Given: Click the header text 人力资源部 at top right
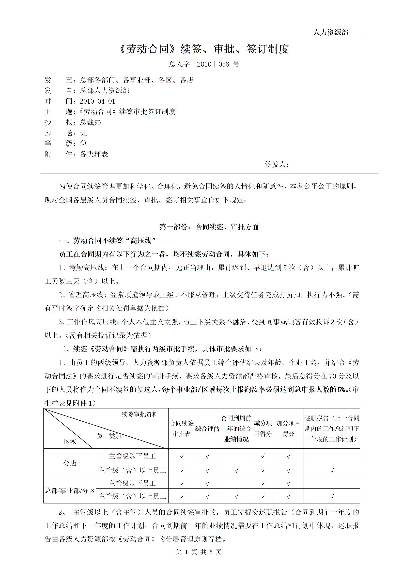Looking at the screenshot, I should (x=331, y=32).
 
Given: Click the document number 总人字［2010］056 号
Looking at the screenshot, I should (x=204, y=64).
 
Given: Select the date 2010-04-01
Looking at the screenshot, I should (x=97, y=101).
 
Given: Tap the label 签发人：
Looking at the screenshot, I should (x=277, y=164).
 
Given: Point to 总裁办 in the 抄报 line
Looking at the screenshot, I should (x=90, y=122).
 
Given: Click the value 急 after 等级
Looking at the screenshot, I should (x=83, y=144).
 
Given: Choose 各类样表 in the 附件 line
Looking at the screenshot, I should (x=94, y=154).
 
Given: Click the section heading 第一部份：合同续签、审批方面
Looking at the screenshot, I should (x=209, y=227).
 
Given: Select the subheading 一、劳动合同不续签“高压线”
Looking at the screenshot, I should (x=107, y=240).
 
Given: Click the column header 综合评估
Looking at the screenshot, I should (x=207, y=429).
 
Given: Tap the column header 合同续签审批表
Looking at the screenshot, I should (x=181, y=429).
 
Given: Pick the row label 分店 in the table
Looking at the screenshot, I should (x=70, y=463).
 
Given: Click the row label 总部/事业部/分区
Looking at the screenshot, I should (x=70, y=490).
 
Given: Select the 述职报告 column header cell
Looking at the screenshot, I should (x=332, y=429).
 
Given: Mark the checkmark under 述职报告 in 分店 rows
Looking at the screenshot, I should (x=332, y=470).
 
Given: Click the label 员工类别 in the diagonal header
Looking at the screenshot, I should (x=109, y=436).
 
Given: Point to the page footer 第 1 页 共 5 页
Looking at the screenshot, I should (x=199, y=552).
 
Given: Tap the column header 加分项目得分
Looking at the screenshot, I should (x=288, y=429).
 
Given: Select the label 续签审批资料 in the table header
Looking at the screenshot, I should (x=140, y=414).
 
